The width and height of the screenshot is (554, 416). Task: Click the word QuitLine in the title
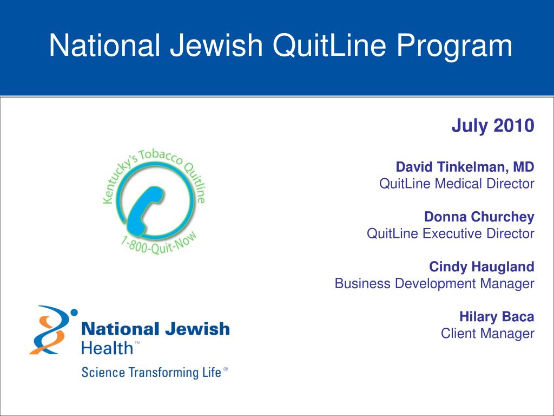329,45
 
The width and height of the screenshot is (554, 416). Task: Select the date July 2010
493,126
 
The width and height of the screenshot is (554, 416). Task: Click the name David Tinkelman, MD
465,167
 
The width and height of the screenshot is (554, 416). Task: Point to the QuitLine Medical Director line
457,184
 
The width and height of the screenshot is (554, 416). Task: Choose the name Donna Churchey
479,217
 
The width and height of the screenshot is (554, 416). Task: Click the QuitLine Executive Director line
451,233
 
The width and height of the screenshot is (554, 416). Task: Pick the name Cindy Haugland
482,266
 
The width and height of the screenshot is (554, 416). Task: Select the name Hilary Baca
497,316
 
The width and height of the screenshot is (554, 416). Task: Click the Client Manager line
487,334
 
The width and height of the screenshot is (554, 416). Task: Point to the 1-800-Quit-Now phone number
159,244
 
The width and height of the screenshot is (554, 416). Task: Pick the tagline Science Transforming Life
151,373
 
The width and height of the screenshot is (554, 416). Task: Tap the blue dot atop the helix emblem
74,313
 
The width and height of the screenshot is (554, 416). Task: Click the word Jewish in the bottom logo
197,329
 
